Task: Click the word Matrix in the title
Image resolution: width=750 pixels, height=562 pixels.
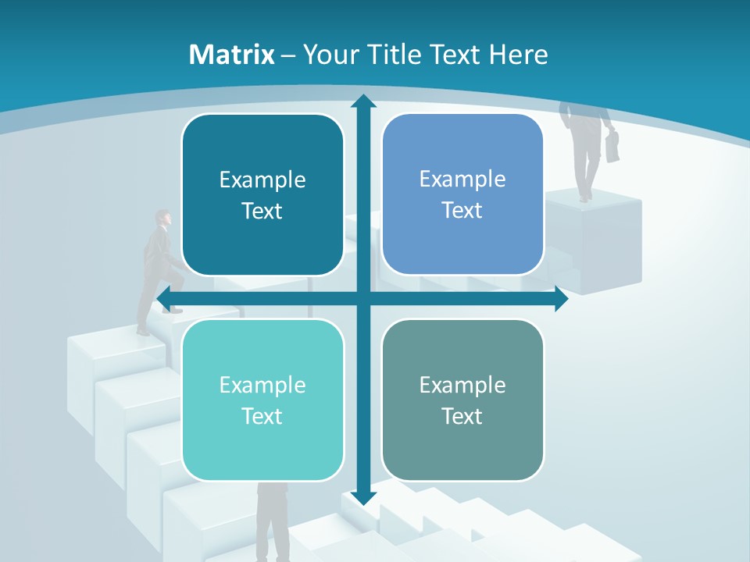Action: tap(232, 55)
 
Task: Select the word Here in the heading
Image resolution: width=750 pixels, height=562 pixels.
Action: tap(518, 55)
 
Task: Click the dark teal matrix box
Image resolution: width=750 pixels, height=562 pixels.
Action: tap(262, 195)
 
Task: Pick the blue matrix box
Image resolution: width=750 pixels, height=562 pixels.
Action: tap(462, 194)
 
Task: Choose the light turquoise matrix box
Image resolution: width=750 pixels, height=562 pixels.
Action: tap(262, 400)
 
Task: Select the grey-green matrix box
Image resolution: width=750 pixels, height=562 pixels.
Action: tap(462, 400)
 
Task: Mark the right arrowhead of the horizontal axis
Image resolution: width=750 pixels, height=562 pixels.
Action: tap(561, 298)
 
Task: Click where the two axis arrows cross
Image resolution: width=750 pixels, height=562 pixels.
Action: tap(362, 298)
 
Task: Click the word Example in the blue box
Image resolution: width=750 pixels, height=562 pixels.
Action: tap(462, 179)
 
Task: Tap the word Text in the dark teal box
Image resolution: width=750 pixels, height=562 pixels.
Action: tap(262, 212)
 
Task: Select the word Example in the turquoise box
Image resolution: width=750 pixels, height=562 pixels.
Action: tap(262, 385)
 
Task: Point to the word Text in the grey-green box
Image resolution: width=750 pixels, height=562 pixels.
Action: tap(462, 416)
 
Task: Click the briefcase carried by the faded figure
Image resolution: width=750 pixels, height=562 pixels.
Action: tap(613, 146)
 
